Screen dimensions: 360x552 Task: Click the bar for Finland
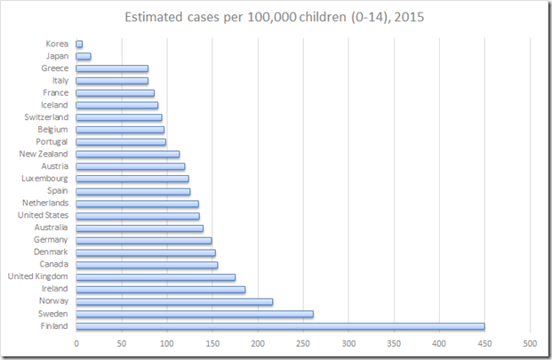[x=280, y=326]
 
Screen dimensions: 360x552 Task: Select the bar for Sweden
[x=195, y=314]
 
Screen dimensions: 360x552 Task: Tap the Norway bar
[x=174, y=301]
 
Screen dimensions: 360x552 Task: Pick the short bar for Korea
[x=79, y=44]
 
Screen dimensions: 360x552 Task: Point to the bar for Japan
[x=84, y=56]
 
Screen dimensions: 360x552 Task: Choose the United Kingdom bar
[x=156, y=277]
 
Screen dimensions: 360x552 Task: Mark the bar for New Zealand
[x=128, y=154]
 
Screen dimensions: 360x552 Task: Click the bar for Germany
[x=144, y=240]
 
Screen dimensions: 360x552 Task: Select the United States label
[x=43, y=215]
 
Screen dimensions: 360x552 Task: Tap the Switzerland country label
[x=46, y=117]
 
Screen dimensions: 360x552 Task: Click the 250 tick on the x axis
[x=303, y=343]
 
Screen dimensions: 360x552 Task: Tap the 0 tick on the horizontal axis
[x=76, y=343]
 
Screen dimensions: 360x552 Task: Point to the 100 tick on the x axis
[x=167, y=343]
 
